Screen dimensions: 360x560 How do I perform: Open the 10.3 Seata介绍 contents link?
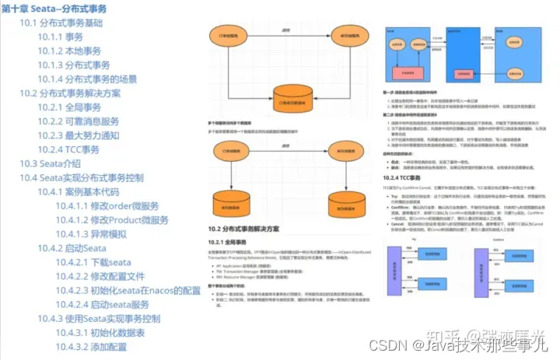click(x=50, y=163)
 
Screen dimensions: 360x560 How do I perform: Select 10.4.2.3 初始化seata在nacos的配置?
click(x=128, y=290)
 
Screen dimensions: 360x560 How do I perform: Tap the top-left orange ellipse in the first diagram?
click(x=244, y=37)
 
